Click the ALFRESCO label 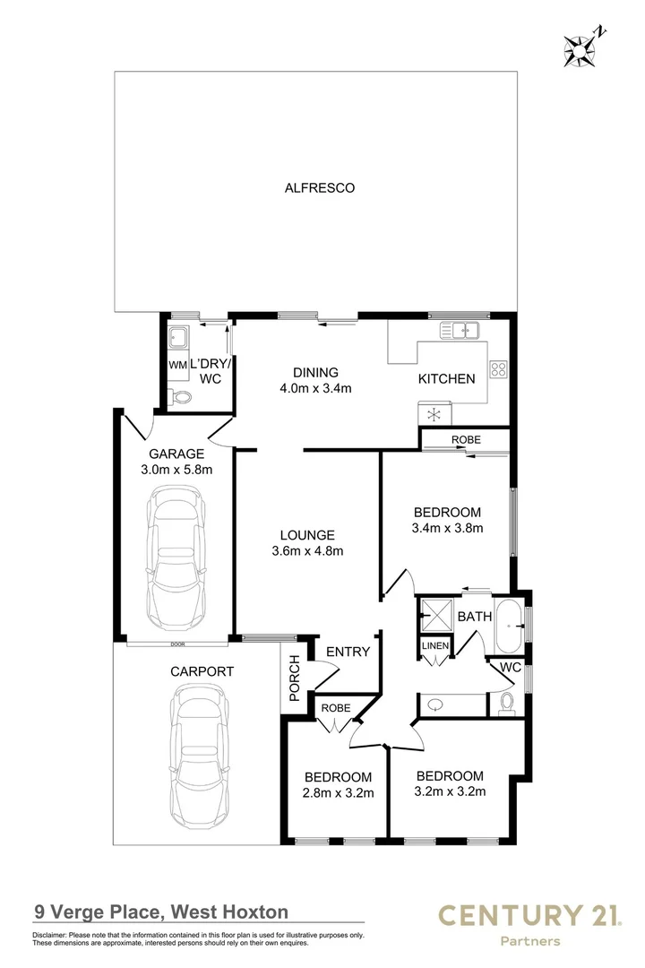(320, 188)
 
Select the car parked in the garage (180, 557)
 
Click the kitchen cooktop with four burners (498, 368)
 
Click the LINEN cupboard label (434, 645)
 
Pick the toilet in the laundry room (183, 397)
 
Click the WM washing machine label (176, 366)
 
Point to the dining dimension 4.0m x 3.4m (315, 388)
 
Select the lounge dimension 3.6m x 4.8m (307, 551)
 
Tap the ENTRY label (348, 652)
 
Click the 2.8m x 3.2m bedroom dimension (338, 791)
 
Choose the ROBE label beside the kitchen (466, 439)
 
